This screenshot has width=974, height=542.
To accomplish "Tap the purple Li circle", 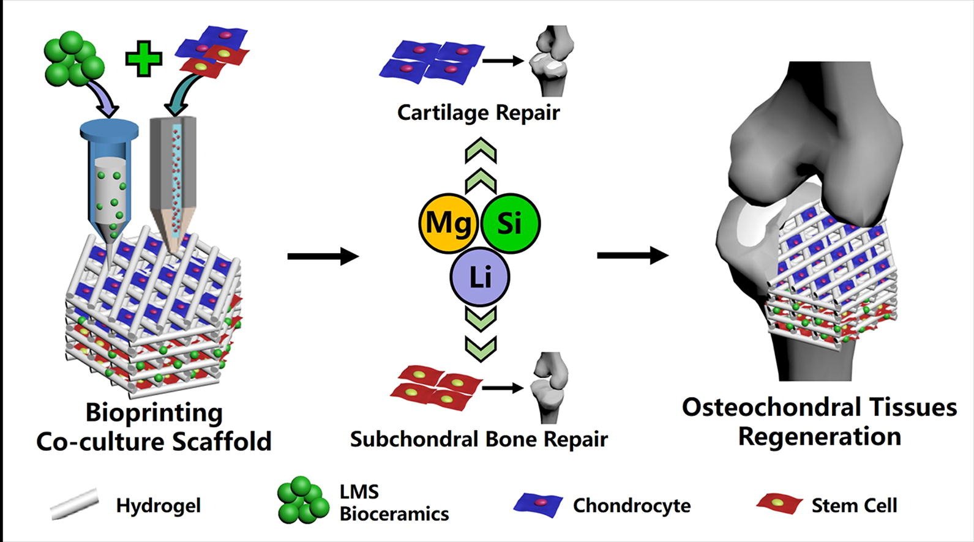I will [x=480, y=277].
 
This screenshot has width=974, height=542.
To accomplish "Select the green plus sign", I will [x=144, y=59].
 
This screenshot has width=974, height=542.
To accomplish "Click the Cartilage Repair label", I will [x=478, y=113].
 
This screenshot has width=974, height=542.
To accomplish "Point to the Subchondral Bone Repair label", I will [x=479, y=439].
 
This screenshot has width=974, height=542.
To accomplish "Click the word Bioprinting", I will [x=154, y=413].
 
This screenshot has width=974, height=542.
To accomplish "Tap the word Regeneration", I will [x=819, y=437].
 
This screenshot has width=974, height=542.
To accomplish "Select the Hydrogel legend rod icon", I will [x=74, y=504].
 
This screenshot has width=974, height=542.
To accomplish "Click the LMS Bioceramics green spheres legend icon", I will [x=302, y=500].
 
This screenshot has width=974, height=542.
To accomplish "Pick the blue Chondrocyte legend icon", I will [x=538, y=503].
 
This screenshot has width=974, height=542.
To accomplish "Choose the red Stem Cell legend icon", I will [x=779, y=503].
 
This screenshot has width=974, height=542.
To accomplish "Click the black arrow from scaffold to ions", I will [x=323, y=256].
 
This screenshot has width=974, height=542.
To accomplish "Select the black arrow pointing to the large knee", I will [x=632, y=256].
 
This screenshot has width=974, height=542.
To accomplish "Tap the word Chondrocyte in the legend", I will [x=631, y=506].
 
